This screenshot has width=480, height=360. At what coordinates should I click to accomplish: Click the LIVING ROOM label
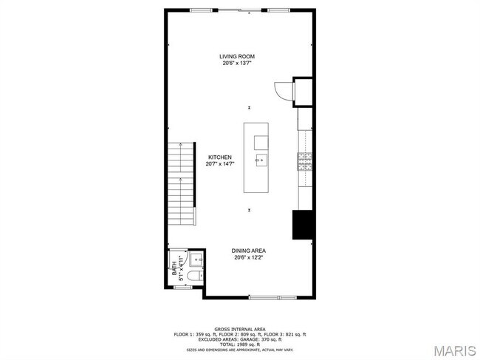[236, 57]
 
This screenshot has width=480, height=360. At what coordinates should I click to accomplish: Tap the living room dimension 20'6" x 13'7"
[236, 64]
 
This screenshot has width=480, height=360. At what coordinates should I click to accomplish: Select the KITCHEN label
[220, 157]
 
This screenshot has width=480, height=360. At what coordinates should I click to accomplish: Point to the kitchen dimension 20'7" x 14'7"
[220, 164]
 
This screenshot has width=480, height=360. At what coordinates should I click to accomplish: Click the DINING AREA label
[249, 251]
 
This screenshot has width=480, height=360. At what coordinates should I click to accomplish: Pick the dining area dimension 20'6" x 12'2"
[249, 257]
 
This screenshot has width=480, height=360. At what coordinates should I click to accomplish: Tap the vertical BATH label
[175, 268]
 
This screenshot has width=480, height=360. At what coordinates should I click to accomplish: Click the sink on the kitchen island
[261, 159]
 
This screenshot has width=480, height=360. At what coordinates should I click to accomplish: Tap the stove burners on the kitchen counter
[304, 160]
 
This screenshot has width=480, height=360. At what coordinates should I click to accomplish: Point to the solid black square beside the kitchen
[304, 225]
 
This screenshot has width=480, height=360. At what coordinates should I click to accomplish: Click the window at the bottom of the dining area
[264, 297]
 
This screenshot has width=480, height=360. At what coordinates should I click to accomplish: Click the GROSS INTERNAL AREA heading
[240, 329]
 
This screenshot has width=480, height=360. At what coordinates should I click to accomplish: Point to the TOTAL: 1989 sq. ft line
[240, 344]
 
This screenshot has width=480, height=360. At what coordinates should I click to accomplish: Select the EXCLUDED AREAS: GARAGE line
[240, 339]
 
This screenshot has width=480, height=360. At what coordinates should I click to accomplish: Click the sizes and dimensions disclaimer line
[240, 350]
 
